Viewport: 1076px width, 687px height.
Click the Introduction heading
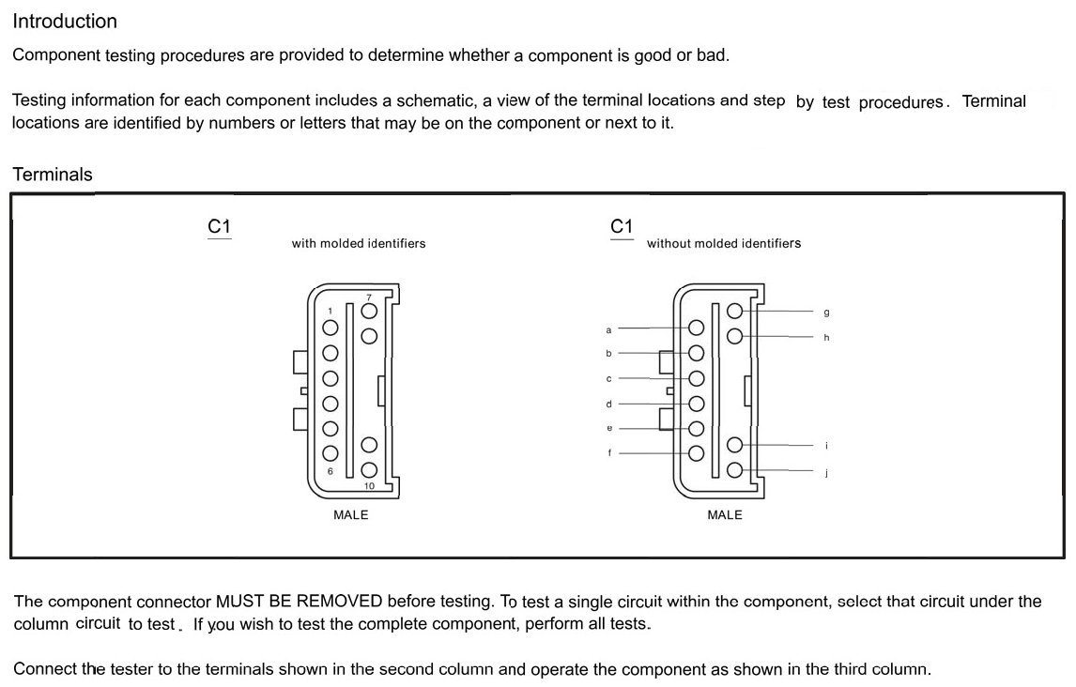click(65, 21)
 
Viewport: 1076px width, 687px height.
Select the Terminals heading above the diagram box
click(53, 175)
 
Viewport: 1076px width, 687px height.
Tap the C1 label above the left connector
click(219, 226)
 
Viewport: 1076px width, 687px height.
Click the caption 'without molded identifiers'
click(724, 244)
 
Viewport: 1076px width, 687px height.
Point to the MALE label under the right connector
click(725, 515)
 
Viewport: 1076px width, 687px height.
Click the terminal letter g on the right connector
click(826, 312)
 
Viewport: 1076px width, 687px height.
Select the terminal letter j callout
click(826, 474)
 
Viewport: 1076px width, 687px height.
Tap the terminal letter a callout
click(608, 330)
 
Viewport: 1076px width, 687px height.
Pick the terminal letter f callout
click(609, 453)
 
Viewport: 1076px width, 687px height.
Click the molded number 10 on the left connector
click(369, 486)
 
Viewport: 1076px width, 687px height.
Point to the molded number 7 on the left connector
click(369, 297)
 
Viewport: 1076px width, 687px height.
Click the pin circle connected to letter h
click(734, 336)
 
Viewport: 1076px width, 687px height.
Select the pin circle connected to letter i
click(734, 445)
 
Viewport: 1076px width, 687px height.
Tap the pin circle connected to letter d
click(696, 404)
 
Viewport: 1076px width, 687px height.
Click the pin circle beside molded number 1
click(330, 328)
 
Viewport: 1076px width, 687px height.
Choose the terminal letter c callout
click(608, 379)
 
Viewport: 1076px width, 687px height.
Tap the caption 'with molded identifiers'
click(359, 244)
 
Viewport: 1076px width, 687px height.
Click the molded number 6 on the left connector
click(330, 471)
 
